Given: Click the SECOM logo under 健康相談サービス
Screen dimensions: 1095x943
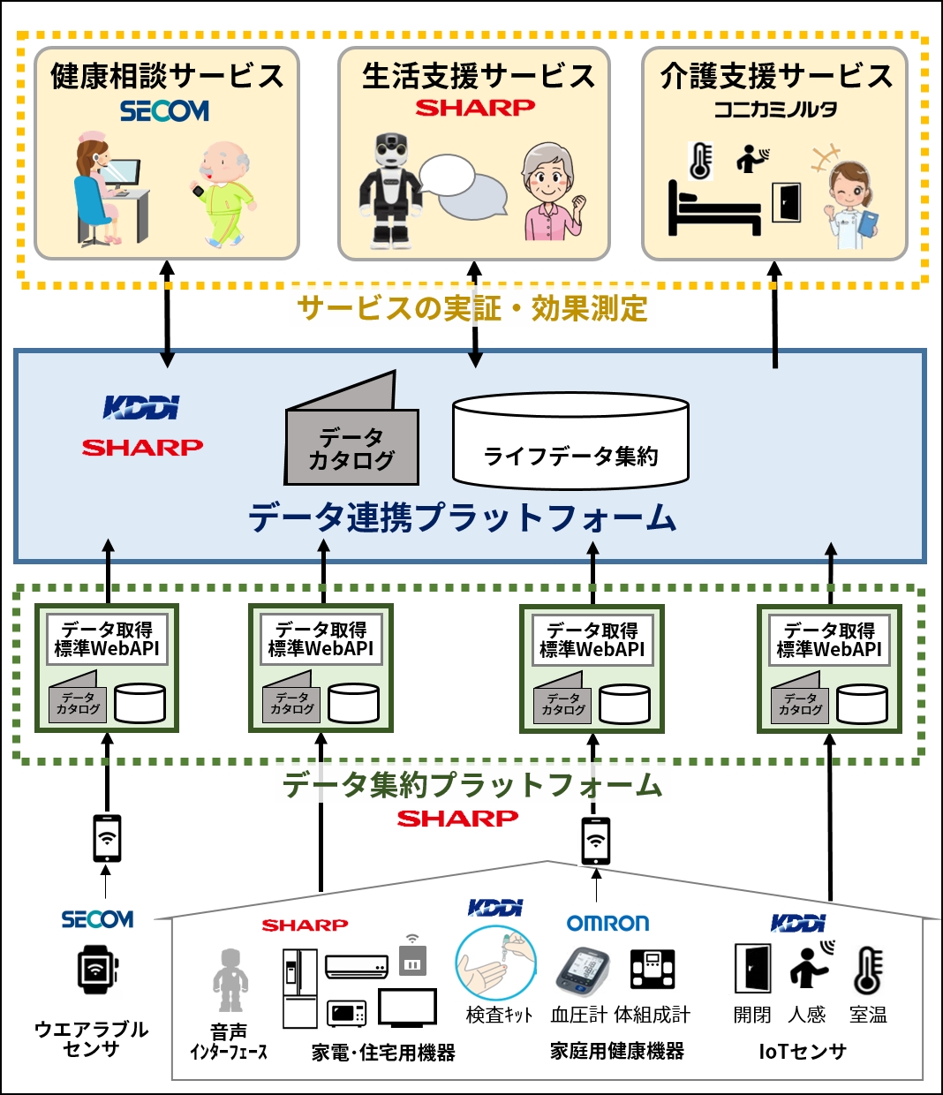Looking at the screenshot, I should pyautogui.click(x=164, y=111).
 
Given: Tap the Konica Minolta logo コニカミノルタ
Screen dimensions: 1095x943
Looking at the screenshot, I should pyautogui.click(x=775, y=109).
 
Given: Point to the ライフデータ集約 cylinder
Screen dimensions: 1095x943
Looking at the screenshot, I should pyautogui.click(x=570, y=441).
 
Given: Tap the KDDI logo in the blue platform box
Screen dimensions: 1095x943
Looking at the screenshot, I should pyautogui.click(x=141, y=407).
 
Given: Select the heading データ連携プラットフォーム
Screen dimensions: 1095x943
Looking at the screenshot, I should pyautogui.click(x=462, y=517).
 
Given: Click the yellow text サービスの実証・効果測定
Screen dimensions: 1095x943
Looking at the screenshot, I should pyautogui.click(x=472, y=308).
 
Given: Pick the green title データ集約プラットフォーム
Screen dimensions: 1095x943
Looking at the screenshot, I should pyautogui.click(x=471, y=784).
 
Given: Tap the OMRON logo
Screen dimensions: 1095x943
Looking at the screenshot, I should pyautogui.click(x=607, y=924).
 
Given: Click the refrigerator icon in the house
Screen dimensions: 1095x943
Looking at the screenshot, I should pyautogui.click(x=299, y=989).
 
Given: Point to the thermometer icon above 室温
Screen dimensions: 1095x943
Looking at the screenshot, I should pyautogui.click(x=868, y=970).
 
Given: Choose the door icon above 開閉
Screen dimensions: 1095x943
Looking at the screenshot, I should pyautogui.click(x=752, y=969).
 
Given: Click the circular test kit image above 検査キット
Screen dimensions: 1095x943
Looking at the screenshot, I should pyautogui.click(x=495, y=963).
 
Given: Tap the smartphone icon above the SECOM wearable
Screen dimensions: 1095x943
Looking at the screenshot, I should pyautogui.click(x=107, y=838).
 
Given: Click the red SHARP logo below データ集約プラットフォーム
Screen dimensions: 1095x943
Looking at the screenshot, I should pyautogui.click(x=457, y=819).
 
